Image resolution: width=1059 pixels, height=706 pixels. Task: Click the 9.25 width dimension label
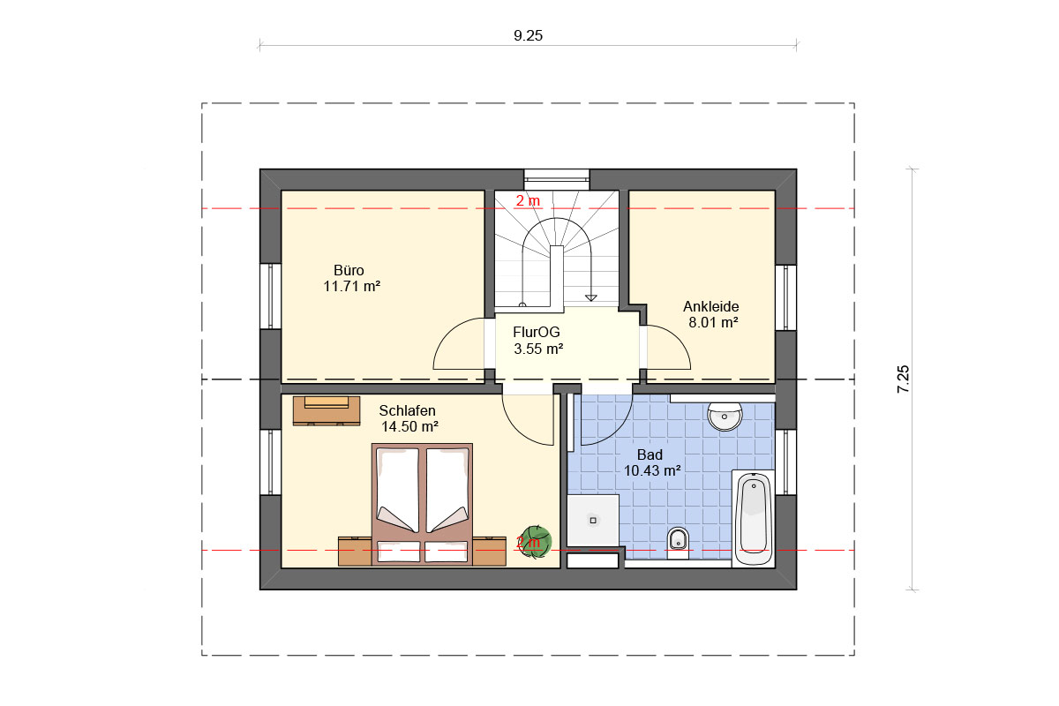528,36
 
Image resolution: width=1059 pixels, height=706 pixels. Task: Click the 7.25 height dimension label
903,379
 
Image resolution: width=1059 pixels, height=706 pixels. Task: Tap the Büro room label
349,270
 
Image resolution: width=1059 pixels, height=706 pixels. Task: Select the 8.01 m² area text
713,322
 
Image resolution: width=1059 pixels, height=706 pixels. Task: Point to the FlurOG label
537,333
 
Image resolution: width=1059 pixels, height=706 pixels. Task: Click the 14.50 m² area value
409,426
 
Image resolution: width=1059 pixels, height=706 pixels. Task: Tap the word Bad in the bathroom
650,454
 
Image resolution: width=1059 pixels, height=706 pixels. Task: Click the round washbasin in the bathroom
725,417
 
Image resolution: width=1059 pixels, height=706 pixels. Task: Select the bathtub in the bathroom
754,518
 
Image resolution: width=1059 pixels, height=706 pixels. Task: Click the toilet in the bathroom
679,543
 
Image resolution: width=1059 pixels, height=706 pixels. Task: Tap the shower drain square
593,521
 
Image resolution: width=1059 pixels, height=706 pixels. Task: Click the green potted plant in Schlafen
535,542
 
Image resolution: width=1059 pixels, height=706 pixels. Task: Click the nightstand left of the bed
355,551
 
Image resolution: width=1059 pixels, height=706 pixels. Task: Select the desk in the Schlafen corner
327,410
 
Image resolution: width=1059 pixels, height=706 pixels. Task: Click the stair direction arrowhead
591,298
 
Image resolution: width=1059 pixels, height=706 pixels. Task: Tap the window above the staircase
557,180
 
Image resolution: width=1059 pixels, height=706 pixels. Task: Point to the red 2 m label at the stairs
528,201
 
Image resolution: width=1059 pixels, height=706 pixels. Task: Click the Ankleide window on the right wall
785,297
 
